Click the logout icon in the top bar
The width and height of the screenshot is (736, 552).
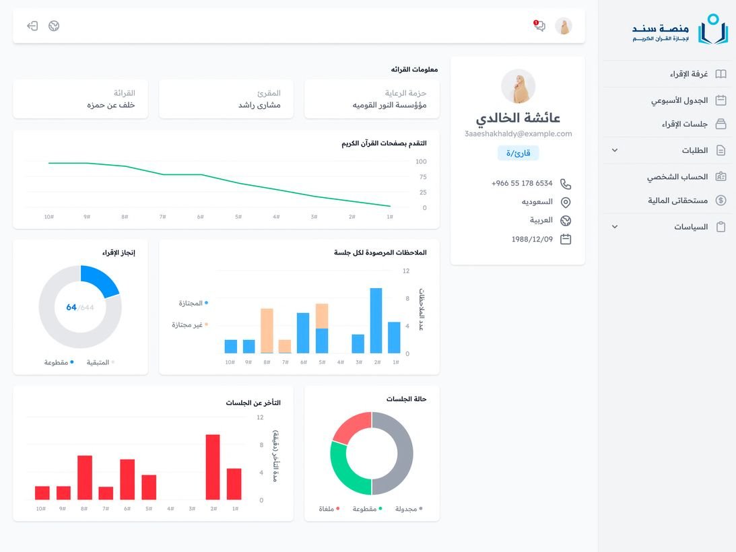(32, 26)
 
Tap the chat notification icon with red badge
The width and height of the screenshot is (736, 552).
(539, 26)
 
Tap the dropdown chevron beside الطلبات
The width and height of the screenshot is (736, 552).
(614, 150)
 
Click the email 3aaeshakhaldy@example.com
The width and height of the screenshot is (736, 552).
(518, 134)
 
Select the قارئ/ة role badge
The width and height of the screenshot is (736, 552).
(518, 153)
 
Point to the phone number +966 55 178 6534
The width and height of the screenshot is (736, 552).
(522, 183)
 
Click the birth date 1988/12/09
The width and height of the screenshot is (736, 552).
(532, 239)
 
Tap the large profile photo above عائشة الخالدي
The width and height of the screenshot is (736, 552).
(518, 86)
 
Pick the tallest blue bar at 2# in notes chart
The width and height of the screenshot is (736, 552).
(376, 320)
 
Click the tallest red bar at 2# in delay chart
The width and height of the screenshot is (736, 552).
(213, 467)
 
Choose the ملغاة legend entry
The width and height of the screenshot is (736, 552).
(329, 509)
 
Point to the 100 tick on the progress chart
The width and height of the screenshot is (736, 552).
(421, 162)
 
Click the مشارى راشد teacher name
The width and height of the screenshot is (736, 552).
(259, 105)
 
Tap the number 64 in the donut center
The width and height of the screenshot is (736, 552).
(71, 307)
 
